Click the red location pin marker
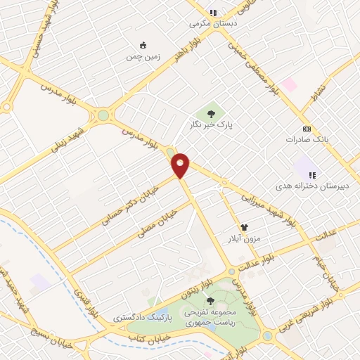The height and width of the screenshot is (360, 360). (x=181, y=165)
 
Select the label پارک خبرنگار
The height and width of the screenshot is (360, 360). (x=210, y=124)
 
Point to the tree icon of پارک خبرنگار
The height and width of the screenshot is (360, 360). (x=210, y=112)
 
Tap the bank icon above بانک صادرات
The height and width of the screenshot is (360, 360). (x=307, y=129)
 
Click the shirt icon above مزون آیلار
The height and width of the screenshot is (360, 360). (x=244, y=227)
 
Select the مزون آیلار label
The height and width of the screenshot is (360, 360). (x=243, y=239)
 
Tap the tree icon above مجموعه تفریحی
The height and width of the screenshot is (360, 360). (x=210, y=301)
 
